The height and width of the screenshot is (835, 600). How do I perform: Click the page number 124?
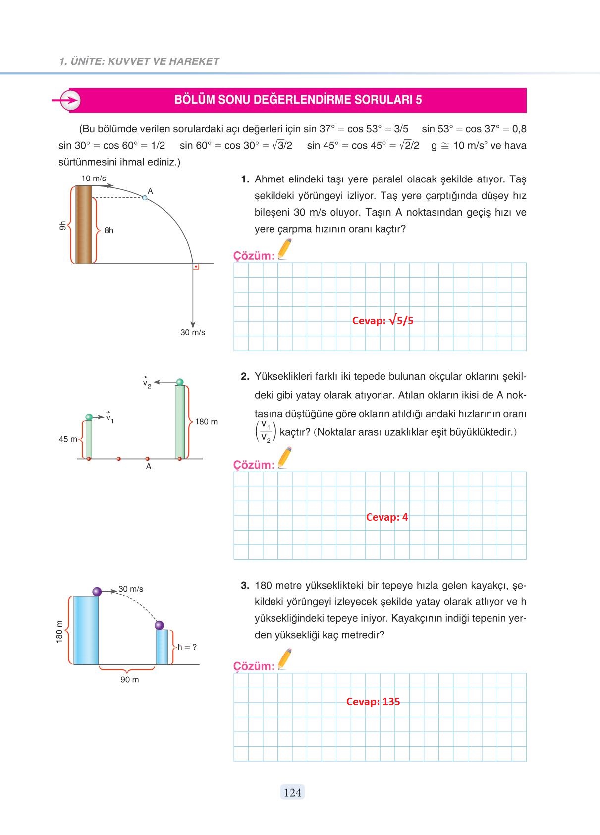pos(292,793)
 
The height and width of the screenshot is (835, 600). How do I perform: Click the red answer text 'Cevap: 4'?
pos(387,517)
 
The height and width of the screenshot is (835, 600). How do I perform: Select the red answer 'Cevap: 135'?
pos(373,702)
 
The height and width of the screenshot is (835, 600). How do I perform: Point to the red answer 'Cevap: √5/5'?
pos(382,321)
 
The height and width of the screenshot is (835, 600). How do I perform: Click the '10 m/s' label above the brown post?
pos(94,179)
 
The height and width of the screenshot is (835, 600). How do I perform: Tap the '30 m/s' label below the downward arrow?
pos(193,333)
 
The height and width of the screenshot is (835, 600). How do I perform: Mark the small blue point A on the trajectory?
pos(145,198)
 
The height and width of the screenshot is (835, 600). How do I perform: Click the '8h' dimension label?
pos(109,230)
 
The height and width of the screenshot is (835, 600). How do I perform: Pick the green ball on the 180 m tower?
pos(180,382)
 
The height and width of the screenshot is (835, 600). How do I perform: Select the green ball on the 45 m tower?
pos(89,417)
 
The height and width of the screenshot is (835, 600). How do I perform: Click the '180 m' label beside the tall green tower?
pos(206,422)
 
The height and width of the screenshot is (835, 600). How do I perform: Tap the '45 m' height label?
pos(68,439)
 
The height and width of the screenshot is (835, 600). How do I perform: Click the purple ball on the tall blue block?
pos(97,592)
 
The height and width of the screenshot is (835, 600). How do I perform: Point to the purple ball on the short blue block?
pos(159,625)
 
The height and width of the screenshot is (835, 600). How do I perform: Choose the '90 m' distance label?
pos(130,680)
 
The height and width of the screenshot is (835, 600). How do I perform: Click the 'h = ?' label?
pos(187,647)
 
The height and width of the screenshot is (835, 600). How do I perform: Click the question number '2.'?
pos(245,377)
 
